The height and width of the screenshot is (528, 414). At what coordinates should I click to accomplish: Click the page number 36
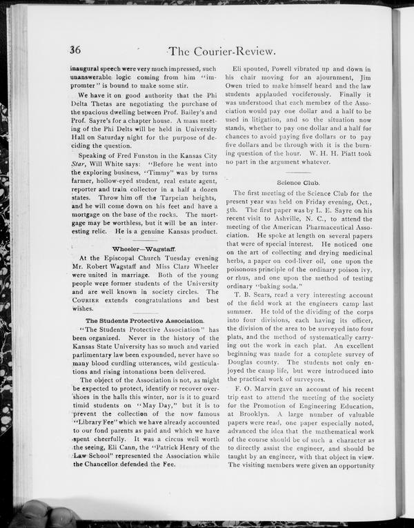(75, 49)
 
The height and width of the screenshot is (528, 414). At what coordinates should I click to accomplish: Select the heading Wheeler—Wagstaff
(145, 248)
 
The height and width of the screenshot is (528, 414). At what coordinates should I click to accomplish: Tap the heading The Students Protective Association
(144, 321)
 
